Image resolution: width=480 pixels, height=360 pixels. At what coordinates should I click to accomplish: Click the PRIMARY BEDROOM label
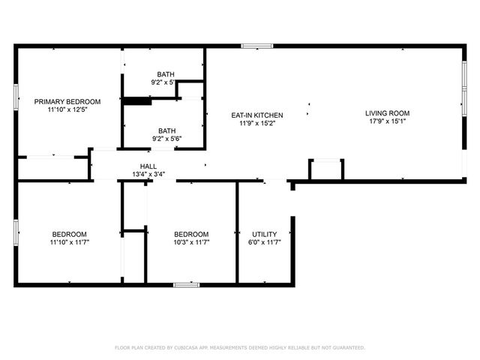coord(67,102)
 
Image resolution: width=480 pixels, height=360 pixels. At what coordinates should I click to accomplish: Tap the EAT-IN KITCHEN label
coord(257,115)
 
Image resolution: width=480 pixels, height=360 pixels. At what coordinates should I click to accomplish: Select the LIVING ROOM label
coord(387,113)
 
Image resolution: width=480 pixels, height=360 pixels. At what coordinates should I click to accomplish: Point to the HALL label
coord(148,166)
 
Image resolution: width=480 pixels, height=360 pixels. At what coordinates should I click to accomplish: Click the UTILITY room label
coord(265,235)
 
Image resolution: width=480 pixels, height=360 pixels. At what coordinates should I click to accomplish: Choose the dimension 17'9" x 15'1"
coord(387,121)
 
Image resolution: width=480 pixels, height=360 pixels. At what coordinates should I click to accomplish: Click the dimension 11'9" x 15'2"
coord(257,123)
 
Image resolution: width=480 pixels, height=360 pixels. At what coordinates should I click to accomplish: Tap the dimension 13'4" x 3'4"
coord(148,175)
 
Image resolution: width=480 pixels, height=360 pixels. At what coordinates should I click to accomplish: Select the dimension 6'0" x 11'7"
coord(265,242)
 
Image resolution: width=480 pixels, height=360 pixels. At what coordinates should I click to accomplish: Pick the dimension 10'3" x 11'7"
coord(191,242)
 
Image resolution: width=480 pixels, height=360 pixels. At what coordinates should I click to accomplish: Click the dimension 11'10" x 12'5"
coord(67,109)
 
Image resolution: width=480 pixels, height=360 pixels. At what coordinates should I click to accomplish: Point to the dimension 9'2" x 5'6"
coord(166,139)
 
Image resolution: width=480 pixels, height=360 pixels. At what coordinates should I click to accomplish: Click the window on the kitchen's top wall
coord(257,46)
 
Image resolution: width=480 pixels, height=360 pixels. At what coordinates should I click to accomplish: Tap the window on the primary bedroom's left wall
coord(16,97)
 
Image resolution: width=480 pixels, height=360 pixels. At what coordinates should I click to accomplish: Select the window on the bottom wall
coord(187,285)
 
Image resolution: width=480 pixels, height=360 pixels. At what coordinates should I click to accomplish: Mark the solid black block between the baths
coord(137,101)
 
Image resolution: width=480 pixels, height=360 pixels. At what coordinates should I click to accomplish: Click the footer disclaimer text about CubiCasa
coord(240,348)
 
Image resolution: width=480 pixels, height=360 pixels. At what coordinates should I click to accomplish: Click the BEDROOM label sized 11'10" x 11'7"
coord(69,235)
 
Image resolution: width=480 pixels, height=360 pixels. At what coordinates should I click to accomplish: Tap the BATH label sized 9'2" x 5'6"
coord(166,130)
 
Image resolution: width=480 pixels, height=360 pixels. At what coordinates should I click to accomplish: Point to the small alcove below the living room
coord(326,169)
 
